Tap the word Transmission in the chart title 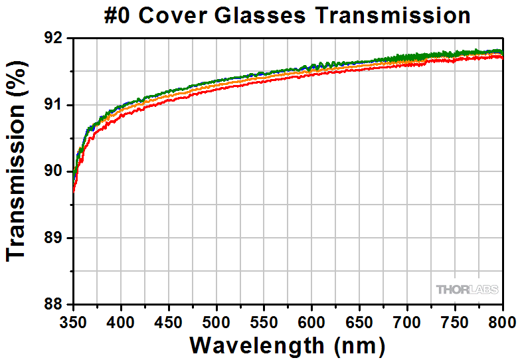point(392,15)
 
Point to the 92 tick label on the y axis point(56,39)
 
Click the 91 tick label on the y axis point(56,105)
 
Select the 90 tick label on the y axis point(56,171)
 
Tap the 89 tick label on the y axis point(56,238)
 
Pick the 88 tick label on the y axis point(56,304)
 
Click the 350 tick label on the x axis point(73,322)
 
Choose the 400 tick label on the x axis point(121,322)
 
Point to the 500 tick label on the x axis point(216,322)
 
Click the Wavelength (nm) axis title point(287,345)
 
